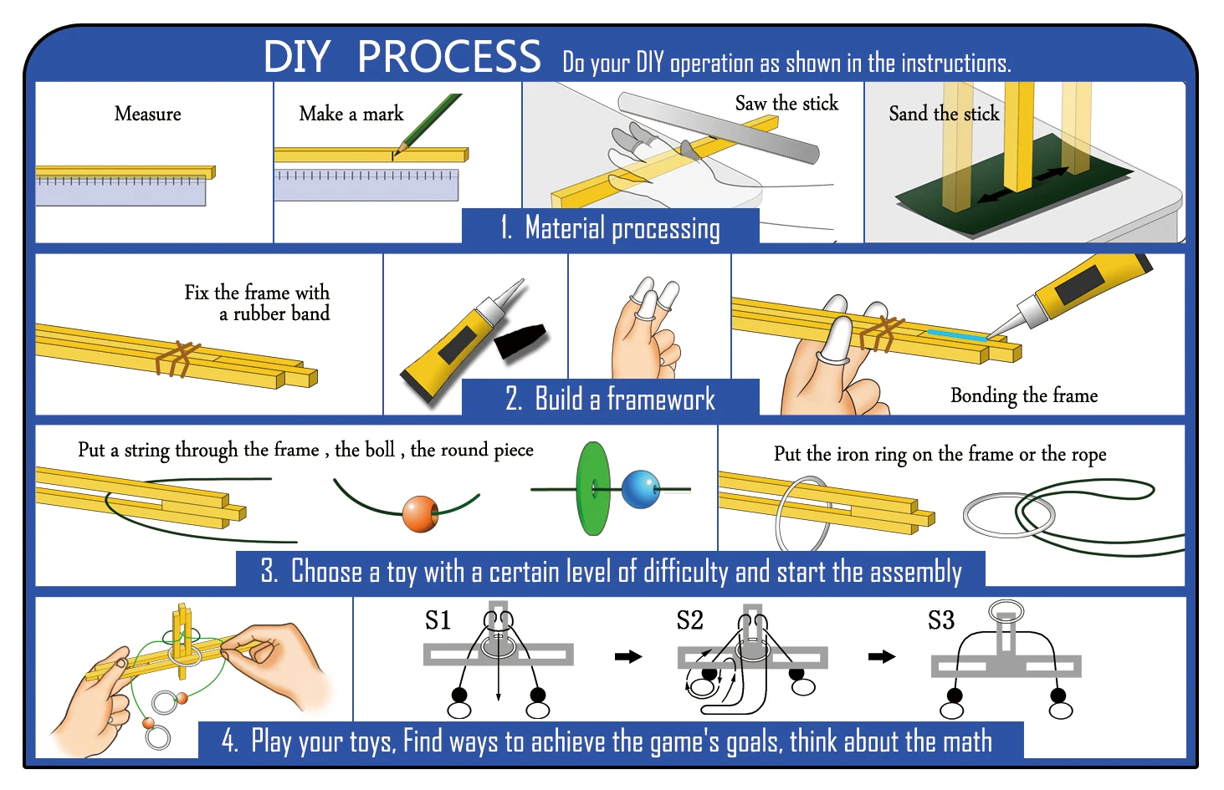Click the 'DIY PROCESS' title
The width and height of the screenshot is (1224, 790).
[x=402, y=57]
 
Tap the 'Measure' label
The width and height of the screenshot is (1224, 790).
[x=147, y=114]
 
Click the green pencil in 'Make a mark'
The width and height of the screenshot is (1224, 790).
[x=430, y=121]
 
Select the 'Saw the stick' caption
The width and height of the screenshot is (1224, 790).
[x=786, y=104]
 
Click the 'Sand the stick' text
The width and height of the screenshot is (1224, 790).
[x=943, y=114]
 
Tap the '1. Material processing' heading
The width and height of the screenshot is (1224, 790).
[x=610, y=227]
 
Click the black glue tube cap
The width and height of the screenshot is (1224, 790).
[x=520, y=339]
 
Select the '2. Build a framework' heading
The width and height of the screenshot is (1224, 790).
[x=610, y=399]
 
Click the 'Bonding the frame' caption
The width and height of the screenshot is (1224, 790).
[x=1023, y=395]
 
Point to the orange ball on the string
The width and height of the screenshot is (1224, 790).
[x=420, y=513]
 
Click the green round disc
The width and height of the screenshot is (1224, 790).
[x=592, y=488]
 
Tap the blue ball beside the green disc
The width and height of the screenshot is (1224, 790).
[x=641, y=489]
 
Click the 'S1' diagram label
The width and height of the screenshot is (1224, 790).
[x=438, y=620]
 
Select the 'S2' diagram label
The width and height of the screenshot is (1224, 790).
[x=689, y=620]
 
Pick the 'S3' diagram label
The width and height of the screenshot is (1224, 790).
[x=940, y=620]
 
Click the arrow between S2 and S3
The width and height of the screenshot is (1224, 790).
[x=881, y=656]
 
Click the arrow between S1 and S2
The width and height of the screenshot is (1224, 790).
[x=627, y=656]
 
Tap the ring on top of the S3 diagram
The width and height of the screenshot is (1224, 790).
[x=1006, y=611]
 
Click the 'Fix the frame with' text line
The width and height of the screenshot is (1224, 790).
[x=257, y=293]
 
